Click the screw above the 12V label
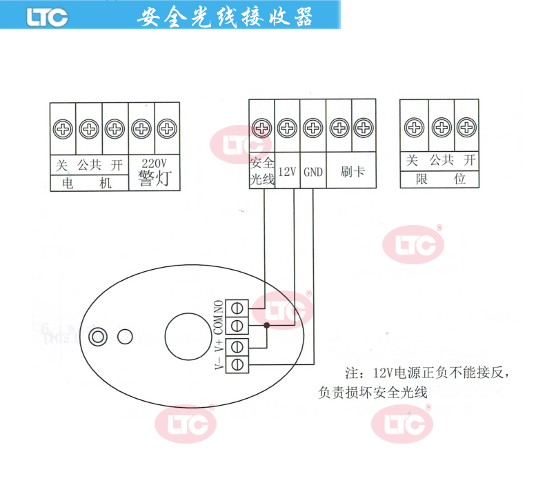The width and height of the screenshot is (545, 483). point(287,128)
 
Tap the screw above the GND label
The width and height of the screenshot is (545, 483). point(313,128)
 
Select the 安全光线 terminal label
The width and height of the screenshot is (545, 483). point(261,172)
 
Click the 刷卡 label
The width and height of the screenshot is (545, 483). point(352,172)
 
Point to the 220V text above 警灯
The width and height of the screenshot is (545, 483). point(154,164)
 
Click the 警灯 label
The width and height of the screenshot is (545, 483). point(154,179)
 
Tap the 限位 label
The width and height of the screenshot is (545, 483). point(440,179)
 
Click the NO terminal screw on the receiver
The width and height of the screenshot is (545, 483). point(238,306)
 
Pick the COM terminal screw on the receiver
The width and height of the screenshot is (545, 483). point(238,324)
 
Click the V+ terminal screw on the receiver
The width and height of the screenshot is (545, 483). point(238,345)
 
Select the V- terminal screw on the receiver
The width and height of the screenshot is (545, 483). point(238,363)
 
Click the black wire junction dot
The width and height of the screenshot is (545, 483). point(266,324)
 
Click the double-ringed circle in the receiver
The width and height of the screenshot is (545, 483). point(99,336)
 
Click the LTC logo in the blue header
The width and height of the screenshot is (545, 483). point(47,17)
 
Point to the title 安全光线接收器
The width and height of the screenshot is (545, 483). point(225,17)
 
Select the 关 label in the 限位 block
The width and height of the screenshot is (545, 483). point(413,161)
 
